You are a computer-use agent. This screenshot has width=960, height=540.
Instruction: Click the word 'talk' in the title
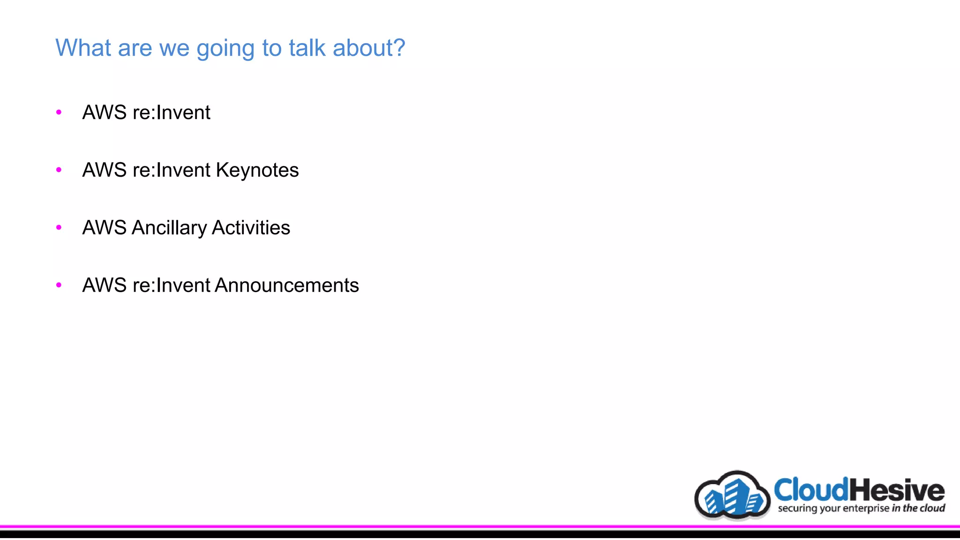coord(307,48)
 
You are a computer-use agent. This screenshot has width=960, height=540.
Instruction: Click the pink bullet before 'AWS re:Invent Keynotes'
coord(59,170)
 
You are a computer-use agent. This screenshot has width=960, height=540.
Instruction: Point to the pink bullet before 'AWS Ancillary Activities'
coord(59,227)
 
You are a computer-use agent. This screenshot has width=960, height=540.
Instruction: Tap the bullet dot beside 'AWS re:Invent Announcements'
coord(59,285)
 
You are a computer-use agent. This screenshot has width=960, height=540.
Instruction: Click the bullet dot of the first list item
coord(59,112)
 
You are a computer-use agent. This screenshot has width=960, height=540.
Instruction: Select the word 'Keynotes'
coord(257,170)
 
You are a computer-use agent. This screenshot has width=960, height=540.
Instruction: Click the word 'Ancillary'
coord(169,228)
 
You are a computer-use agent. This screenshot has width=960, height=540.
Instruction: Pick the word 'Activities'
coord(251,228)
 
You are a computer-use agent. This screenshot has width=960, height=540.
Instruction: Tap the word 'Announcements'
coord(286,285)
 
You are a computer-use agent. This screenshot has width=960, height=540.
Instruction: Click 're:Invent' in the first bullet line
coord(171,112)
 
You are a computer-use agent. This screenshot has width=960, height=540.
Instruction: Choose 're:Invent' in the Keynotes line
coord(171,170)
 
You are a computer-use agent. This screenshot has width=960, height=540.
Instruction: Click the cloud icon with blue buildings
coord(732,496)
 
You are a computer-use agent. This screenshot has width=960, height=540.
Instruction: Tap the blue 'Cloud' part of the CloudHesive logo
coord(811,490)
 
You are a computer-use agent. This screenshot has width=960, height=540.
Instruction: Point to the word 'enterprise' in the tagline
coord(866,508)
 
